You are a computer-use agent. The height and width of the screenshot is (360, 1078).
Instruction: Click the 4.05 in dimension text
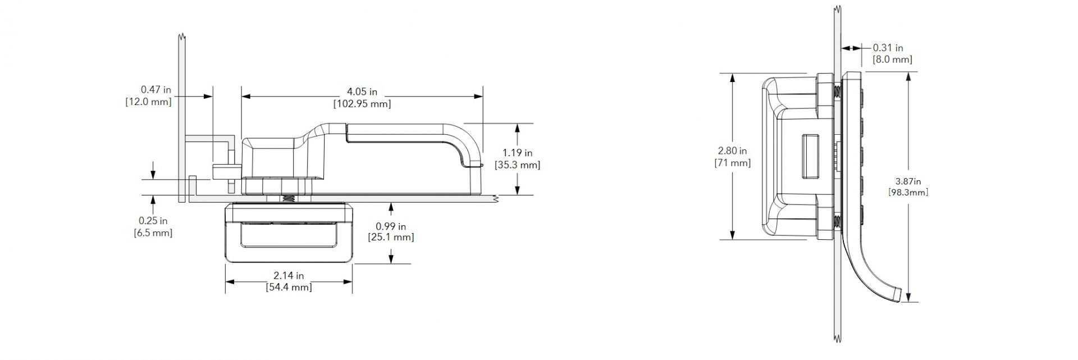tap(362, 92)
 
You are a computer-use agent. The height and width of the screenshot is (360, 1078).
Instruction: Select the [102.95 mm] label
tap(362, 104)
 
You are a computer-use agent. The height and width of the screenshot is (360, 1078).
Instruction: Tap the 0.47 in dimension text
tap(156, 89)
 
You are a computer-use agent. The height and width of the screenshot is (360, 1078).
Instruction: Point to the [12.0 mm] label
tap(149, 102)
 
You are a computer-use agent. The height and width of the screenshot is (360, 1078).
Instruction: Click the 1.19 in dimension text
tap(517, 153)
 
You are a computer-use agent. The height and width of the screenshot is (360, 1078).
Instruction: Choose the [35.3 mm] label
tap(517, 165)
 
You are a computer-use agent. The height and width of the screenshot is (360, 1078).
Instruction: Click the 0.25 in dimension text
tap(153, 221)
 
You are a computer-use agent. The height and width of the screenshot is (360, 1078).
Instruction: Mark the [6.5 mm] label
tap(153, 233)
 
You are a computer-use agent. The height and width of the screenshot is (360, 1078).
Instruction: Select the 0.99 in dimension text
tap(391, 226)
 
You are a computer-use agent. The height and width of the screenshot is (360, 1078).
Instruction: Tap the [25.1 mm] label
tap(391, 238)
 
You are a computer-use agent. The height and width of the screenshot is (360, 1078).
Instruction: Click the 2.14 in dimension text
tap(289, 276)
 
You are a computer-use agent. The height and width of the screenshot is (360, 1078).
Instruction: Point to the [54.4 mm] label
tap(289, 288)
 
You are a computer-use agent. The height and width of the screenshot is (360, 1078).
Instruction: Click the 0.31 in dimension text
tap(888, 48)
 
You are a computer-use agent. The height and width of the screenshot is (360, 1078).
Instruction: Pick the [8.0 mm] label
tap(892, 60)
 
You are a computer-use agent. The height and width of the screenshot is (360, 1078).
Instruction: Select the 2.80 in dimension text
tap(732, 151)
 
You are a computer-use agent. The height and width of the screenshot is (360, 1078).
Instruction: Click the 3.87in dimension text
tap(908, 181)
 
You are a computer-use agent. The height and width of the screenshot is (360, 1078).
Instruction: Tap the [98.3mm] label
tap(908, 193)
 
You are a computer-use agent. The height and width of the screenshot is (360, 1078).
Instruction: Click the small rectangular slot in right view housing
tap(810, 156)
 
